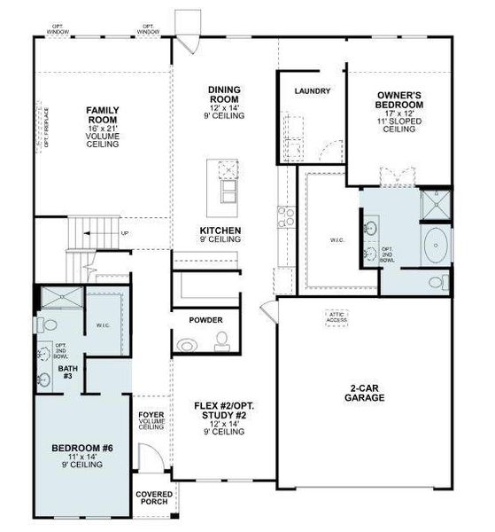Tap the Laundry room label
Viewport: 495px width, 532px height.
[x=313, y=90]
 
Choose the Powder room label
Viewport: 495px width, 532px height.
[x=206, y=320]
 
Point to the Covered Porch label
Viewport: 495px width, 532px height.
[x=152, y=497]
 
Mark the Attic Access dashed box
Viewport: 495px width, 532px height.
[x=336, y=317]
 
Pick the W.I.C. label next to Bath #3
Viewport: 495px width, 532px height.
[x=103, y=325]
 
